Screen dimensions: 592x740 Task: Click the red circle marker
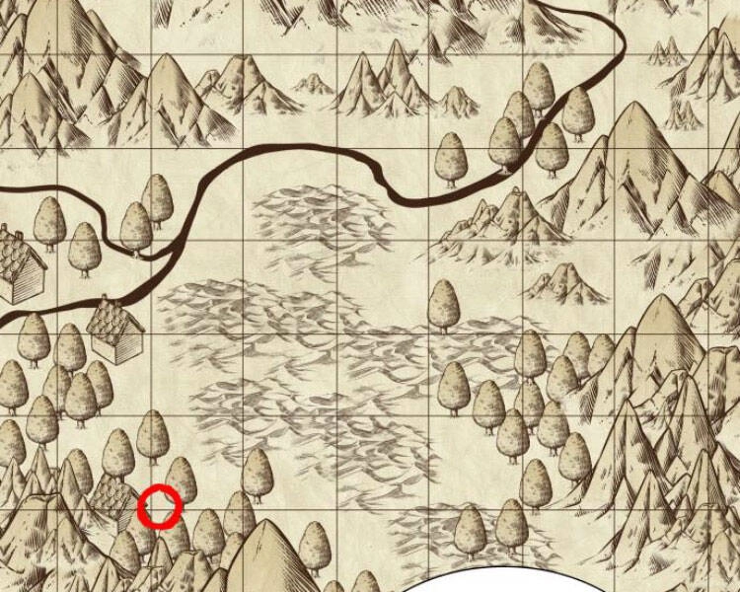pyautogui.click(x=159, y=506)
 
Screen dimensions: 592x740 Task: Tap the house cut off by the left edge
pyautogui.click(x=20, y=264)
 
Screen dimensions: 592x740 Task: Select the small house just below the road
pyautogui.click(x=115, y=332)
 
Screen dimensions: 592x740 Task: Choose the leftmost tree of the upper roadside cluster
pyautogui.click(x=452, y=158)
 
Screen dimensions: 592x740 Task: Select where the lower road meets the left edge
pyautogui.click(x=3, y=321)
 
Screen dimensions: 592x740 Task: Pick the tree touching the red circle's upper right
pyautogui.click(x=181, y=479)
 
